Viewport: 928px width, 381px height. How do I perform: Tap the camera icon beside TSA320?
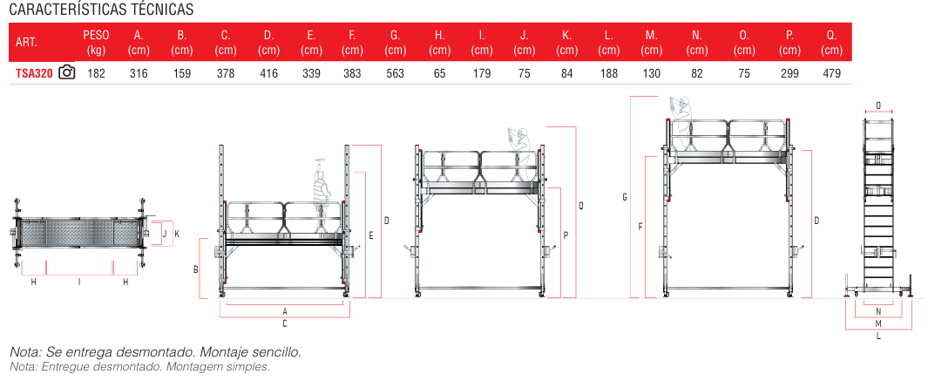[x=67, y=73]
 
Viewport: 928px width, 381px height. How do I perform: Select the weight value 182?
[x=96, y=74]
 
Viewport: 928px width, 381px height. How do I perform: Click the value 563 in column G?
[x=395, y=74]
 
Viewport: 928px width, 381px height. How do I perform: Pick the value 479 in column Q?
[x=831, y=74]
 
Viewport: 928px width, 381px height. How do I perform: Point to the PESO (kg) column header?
[x=96, y=43]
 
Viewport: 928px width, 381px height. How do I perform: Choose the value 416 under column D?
[x=268, y=74]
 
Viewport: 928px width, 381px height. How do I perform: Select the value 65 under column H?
[x=439, y=74]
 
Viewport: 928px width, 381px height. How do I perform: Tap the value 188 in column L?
[x=609, y=74]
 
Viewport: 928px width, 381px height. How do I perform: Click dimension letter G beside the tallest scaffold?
[x=625, y=198]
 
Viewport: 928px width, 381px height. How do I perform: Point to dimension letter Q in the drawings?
[x=581, y=207]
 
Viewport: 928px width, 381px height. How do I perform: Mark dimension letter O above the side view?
[x=878, y=106]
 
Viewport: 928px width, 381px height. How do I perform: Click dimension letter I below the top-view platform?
[x=79, y=282]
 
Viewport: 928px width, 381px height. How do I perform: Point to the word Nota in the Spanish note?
[x=24, y=352]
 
